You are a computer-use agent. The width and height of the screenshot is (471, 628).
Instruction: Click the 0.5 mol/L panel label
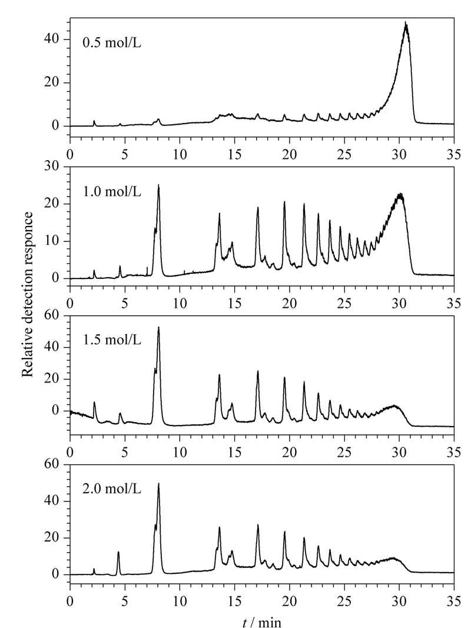pos(112,42)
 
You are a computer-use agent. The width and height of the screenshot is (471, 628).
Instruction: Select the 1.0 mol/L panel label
pos(112,191)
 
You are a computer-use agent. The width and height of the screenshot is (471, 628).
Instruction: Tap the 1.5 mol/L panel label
pos(112,340)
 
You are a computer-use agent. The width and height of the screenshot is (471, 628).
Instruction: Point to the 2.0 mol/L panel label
pos(112,489)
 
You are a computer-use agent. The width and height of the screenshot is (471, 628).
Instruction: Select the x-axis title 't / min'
pos(262,622)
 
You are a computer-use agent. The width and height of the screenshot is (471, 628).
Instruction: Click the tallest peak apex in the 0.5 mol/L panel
pos(405,22)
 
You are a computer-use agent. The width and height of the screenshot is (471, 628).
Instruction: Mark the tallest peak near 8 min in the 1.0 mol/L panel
pos(158,185)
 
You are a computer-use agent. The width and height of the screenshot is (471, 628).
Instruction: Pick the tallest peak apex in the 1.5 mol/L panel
pos(158,327)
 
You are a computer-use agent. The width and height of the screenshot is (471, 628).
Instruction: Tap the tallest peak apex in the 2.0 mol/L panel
pos(158,483)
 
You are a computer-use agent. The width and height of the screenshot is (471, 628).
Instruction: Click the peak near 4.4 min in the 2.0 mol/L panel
pos(118,552)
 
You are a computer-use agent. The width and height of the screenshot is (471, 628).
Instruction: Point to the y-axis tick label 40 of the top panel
pos(51,39)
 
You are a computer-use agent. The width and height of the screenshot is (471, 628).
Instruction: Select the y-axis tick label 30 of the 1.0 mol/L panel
pos(51,167)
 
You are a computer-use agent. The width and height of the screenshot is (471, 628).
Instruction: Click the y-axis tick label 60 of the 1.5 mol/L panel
pos(51,315)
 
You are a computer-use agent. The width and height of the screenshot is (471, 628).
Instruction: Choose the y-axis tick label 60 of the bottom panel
pos(51,464)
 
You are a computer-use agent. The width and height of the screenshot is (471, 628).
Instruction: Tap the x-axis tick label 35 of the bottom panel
pos(454,601)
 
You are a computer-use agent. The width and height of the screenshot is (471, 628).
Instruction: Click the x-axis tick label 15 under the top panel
pos(235,155)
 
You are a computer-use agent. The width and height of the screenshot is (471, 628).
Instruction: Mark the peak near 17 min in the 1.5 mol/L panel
pos(257,371)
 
